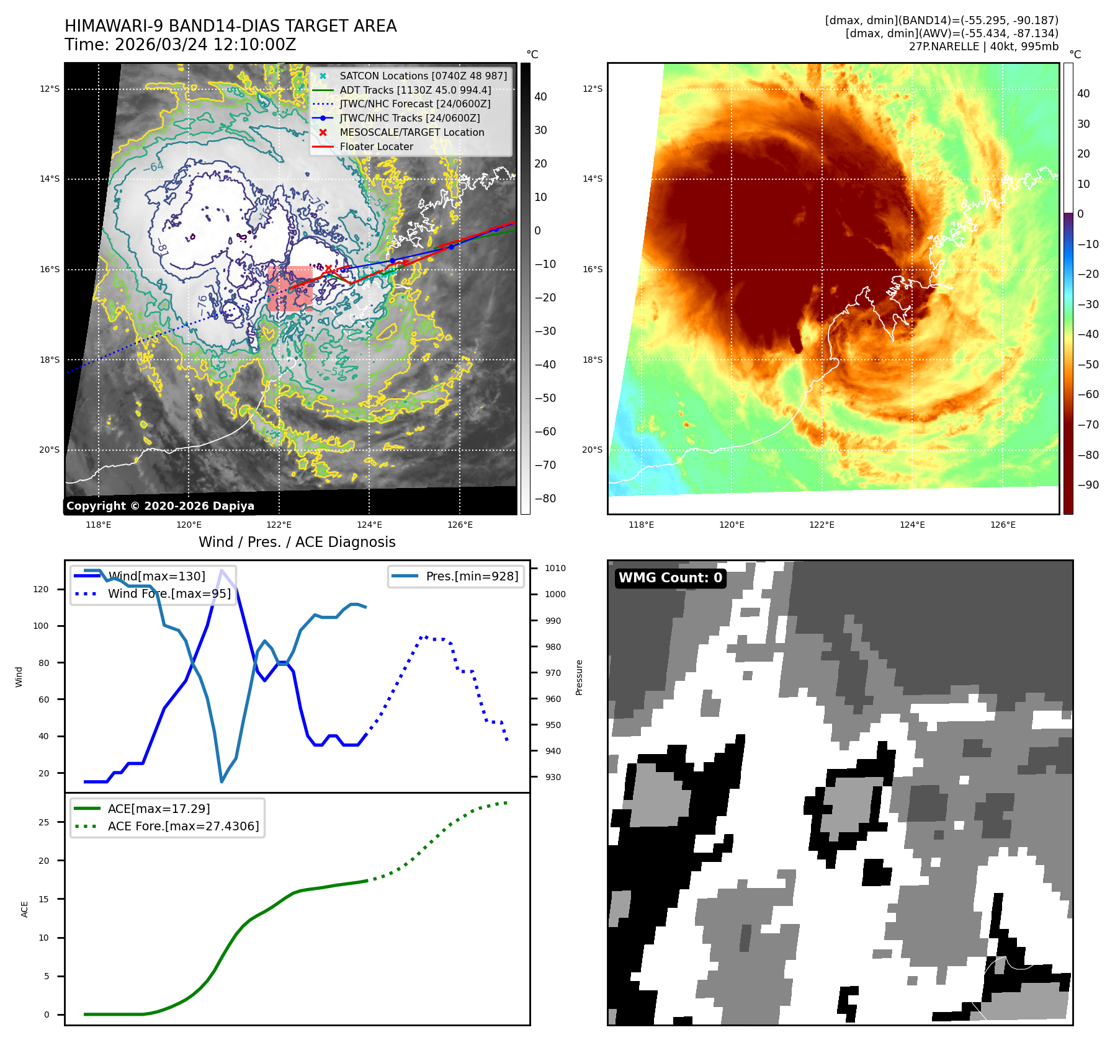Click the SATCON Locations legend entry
click(423, 76)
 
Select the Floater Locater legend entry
click(376, 146)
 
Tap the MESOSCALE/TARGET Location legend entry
click(411, 132)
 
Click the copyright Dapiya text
click(160, 506)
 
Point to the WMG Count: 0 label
click(670, 578)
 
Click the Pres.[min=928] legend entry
click(472, 576)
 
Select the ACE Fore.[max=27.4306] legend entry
click(183, 826)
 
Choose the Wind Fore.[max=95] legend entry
click(169, 593)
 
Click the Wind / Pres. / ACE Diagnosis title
click(297, 542)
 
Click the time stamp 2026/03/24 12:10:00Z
click(205, 45)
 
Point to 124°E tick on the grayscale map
click(369, 525)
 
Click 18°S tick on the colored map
click(592, 360)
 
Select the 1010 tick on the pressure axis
click(555, 568)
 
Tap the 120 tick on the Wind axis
click(41, 589)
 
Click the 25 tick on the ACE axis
click(43, 822)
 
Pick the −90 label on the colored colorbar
click(1088, 485)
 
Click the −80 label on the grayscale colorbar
click(545, 499)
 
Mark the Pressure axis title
click(579, 677)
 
